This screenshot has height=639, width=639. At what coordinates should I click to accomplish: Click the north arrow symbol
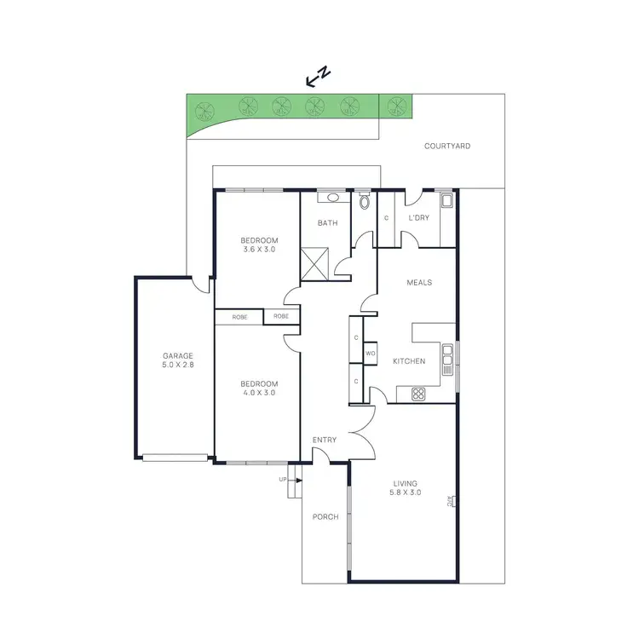318,78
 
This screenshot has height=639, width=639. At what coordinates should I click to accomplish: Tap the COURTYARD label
447,147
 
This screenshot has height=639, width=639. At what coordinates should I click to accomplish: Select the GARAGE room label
179,360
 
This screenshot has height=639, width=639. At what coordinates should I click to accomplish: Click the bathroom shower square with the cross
315,264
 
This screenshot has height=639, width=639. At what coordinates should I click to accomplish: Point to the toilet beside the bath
365,202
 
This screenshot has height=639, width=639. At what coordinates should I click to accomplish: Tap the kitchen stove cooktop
418,394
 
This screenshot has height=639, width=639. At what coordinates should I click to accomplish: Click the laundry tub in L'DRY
446,202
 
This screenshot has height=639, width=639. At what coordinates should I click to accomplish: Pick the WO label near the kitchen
371,353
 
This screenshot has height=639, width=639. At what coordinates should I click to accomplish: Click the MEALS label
419,283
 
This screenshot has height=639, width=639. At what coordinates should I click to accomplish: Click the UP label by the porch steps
283,480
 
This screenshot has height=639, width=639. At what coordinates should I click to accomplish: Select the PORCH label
325,517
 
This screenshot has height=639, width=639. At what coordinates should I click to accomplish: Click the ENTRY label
325,440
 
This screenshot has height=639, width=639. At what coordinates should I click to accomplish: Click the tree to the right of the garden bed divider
394,106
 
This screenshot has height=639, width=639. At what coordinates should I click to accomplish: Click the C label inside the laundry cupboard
386,218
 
